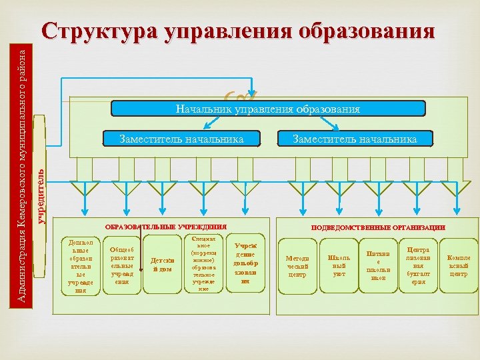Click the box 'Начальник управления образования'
(267, 109)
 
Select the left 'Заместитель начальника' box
(181, 139)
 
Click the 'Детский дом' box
(161, 265)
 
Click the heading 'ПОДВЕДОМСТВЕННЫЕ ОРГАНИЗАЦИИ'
(378, 227)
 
